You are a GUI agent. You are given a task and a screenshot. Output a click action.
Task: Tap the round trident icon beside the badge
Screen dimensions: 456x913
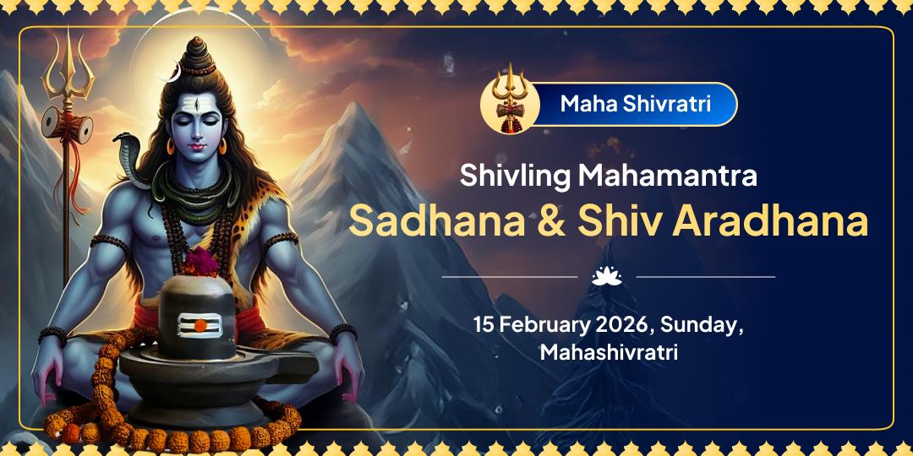(510, 105)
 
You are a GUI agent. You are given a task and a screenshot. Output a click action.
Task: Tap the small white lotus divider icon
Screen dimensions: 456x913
(607, 276)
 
